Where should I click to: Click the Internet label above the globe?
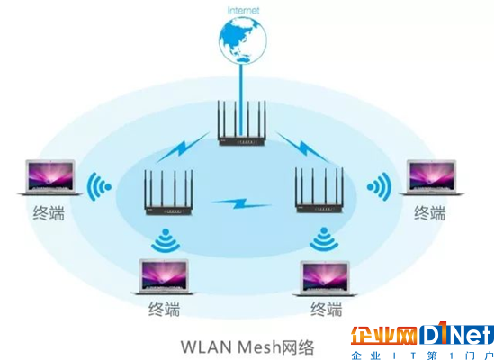tap(243, 10)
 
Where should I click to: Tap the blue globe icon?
tap(243, 40)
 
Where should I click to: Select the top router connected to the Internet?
tap(242, 123)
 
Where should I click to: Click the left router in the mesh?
tap(168, 193)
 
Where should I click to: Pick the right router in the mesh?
tap(319, 190)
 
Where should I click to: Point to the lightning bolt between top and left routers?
tap(183, 148)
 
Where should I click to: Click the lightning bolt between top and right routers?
tap(302, 148)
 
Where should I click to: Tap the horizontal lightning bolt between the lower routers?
tap(241, 203)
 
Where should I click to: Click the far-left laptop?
tap(50, 177)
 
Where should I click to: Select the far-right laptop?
tap(431, 177)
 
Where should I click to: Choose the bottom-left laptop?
tap(164, 277)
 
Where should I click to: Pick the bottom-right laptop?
tap(325, 278)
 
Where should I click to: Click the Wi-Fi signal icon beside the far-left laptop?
tap(98, 187)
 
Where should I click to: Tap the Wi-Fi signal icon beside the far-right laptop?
tap(380, 187)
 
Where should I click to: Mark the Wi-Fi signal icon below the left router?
tap(166, 240)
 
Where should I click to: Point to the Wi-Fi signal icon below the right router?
tap(324, 238)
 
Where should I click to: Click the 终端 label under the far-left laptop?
tap(49, 212)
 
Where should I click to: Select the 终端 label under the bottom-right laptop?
tap(327, 309)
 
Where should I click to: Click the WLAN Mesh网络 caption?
tap(247, 346)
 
